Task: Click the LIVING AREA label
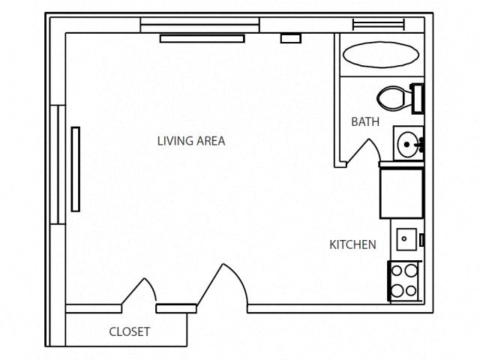tap(190, 140)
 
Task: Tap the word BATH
tap(365, 121)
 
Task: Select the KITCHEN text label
tap(352, 244)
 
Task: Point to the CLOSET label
tap(130, 331)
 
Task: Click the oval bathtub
tap(380, 55)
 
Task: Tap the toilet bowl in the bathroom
tap(391, 97)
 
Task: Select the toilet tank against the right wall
tap(417, 97)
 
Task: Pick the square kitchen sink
tap(406, 240)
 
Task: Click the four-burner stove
tap(404, 280)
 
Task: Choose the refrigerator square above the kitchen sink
tap(401, 193)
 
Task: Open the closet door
tap(139, 294)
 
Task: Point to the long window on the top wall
tap(199, 25)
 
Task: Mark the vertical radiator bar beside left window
tap(76, 169)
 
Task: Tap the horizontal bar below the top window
tap(202, 38)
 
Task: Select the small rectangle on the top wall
tap(290, 37)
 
